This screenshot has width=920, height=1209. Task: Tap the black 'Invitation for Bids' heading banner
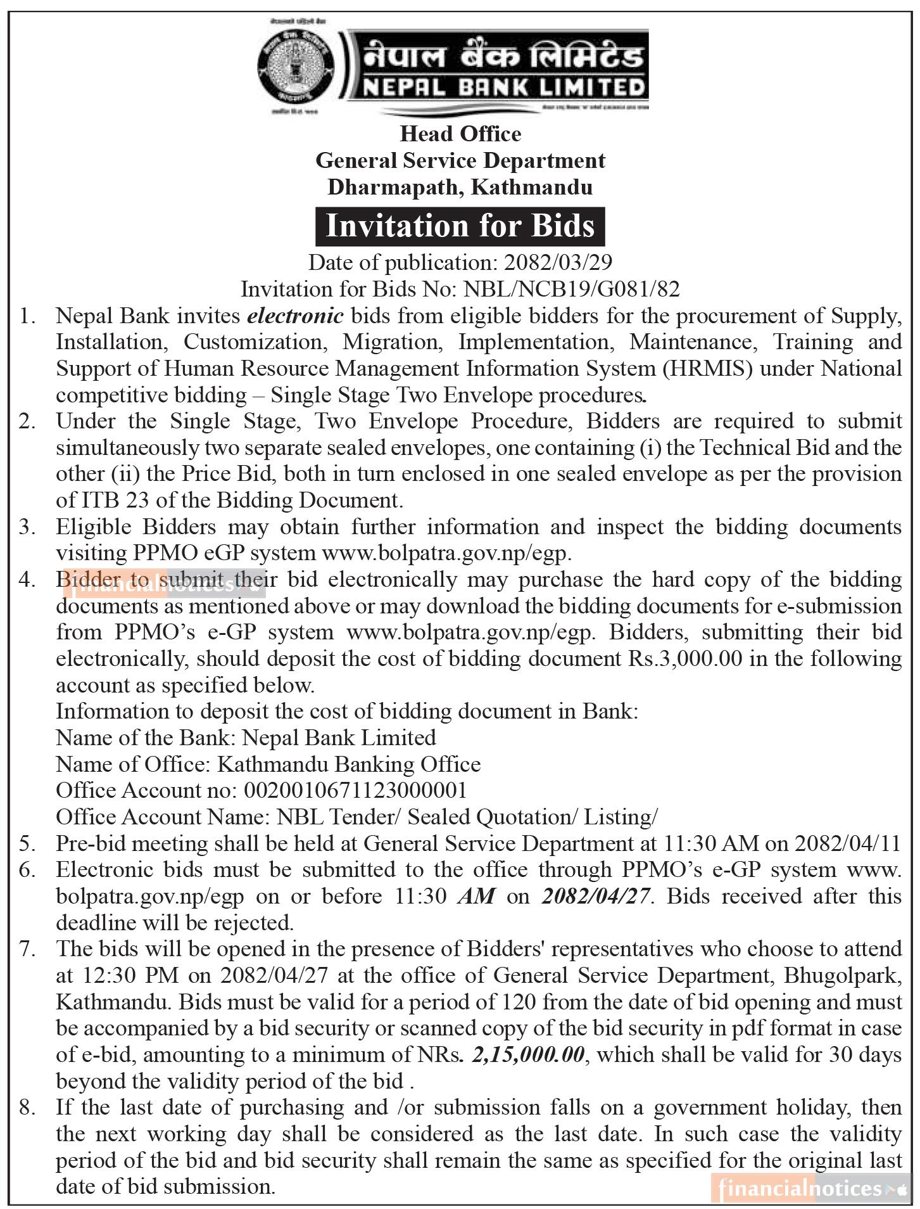point(460,226)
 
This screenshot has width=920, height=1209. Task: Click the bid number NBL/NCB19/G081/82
point(572,289)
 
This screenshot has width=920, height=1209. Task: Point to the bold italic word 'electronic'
point(296,315)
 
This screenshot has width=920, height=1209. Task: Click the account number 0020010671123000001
point(355,790)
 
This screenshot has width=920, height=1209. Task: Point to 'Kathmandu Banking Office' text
point(349,764)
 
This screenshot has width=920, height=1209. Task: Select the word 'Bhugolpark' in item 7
point(841,975)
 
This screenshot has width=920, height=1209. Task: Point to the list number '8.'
point(27,1107)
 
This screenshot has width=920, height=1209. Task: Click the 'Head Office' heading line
point(460,134)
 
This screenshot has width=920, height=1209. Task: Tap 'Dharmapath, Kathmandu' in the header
point(460,187)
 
